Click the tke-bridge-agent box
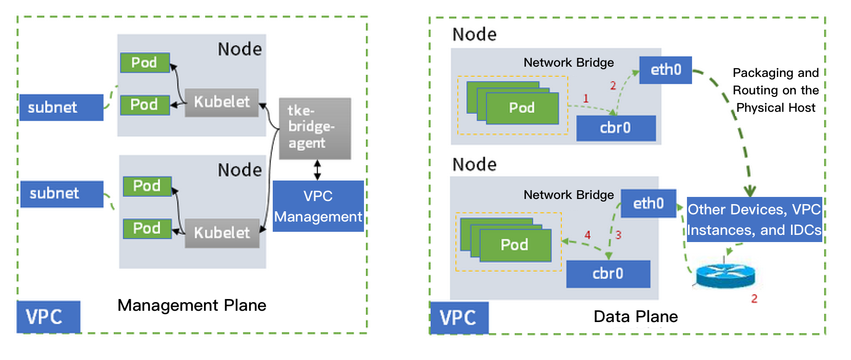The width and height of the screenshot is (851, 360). tap(315, 128)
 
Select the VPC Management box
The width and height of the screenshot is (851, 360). tap(318, 206)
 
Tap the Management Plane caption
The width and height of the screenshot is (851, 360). tap(192, 305)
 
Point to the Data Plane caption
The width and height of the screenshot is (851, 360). tap(635, 316)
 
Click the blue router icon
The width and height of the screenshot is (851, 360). tap(725, 277)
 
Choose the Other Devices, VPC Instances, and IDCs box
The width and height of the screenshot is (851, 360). tap(754, 219)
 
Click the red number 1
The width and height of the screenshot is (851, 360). tap(585, 98)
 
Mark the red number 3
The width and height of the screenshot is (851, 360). tap(618, 235)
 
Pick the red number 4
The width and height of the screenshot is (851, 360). tap(587, 235)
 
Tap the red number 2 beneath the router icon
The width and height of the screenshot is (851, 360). tap(754, 299)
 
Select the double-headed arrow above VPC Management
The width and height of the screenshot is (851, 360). tap(317, 170)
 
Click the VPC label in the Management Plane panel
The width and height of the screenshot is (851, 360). tap(48, 317)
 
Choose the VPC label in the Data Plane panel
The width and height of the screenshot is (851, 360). tap(459, 318)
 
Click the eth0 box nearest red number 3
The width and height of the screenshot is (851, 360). tap(648, 204)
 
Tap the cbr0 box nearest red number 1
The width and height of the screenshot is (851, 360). tap(616, 128)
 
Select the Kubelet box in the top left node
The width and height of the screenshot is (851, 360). tap(221, 102)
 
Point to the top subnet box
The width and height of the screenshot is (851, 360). tap(61, 108)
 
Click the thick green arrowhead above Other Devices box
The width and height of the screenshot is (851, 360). tap(750, 191)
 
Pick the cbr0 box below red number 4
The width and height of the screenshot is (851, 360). tap(608, 273)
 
